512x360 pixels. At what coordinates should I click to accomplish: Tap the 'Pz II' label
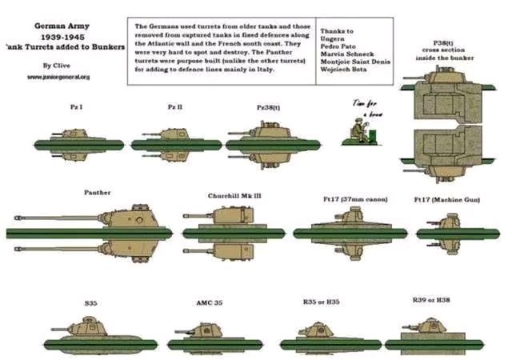coord(175,106)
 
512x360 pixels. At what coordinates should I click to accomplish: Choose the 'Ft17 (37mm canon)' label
coord(350,198)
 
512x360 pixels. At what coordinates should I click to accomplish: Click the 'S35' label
coord(90,304)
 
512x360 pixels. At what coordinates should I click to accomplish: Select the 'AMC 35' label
coord(210,303)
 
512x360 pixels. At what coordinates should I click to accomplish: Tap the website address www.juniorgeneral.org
coord(58,77)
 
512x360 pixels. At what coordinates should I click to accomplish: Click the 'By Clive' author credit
coord(57,65)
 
